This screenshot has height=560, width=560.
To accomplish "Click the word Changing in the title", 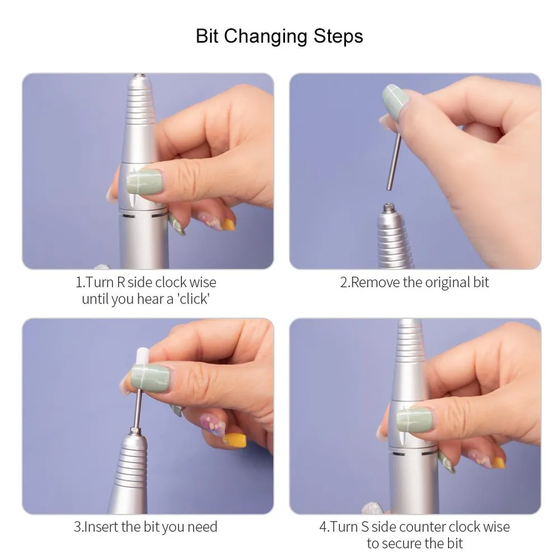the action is (265, 37).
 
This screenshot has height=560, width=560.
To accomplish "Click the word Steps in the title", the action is (338, 36).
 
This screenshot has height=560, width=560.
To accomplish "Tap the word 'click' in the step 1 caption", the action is (194, 298).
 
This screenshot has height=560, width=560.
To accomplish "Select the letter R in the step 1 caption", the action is (121, 282).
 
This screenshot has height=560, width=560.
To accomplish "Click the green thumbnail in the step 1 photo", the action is (144, 182).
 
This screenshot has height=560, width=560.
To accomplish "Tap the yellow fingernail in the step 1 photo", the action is (228, 225).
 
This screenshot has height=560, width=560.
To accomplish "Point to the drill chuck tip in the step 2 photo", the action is (388, 207).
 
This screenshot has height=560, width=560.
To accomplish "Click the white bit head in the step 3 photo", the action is (139, 358).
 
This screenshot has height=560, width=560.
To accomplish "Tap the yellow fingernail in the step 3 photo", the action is (234, 440).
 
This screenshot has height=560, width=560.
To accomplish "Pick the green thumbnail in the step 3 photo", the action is (150, 378).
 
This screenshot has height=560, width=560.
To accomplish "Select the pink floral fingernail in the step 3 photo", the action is (212, 425).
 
